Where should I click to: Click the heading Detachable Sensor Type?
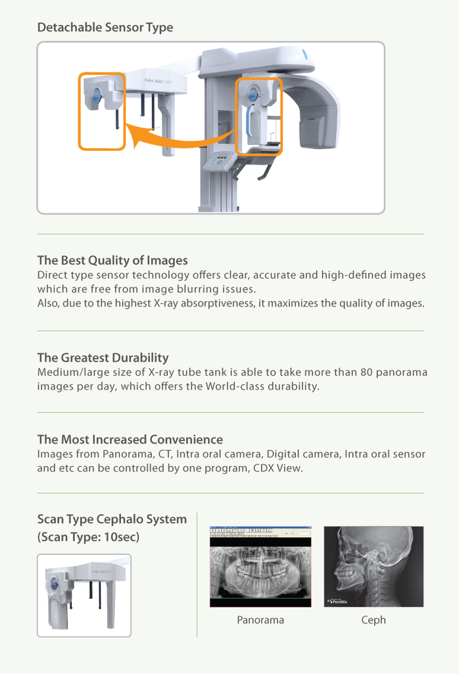pos(105,28)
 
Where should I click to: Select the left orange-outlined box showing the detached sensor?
pos(102,111)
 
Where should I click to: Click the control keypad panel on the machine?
pos(218,161)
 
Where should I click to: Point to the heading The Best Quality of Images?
pos(112,260)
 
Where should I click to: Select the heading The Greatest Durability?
pos(103,357)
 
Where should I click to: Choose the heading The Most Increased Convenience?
pos(130,439)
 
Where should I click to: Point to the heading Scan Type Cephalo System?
pos(112,519)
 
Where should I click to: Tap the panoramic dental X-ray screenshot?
pos(260,566)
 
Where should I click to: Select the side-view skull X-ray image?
pos(374,566)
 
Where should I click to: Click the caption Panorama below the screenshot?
pos(260,620)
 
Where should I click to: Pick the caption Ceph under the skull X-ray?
pos(374,620)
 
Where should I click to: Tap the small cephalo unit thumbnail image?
pos(84,595)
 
